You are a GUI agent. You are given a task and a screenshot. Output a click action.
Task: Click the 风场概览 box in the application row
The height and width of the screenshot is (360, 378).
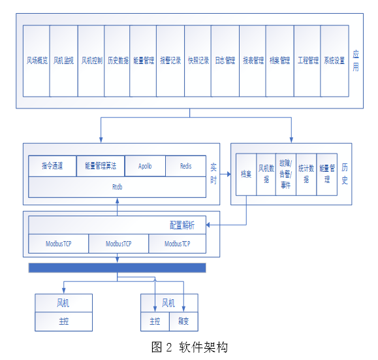pos(36,60)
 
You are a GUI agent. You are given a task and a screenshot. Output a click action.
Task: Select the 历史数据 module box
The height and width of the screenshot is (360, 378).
pos(118,60)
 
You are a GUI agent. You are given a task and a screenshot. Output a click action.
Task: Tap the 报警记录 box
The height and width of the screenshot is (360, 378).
pos(170,60)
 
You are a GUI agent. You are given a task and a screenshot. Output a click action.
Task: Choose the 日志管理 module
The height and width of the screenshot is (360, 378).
pos(225,60)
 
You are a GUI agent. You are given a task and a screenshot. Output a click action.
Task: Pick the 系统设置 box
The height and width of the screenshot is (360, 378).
pos(334,60)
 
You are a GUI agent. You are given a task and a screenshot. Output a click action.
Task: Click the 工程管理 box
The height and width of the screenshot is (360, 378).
pos(307,60)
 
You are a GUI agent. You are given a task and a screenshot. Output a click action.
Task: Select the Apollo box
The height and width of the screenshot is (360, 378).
pos(145,166)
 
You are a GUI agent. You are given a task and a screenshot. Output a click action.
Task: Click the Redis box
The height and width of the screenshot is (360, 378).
pos(186,166)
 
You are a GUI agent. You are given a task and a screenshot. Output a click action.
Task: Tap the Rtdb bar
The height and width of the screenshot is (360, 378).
pos(118,186)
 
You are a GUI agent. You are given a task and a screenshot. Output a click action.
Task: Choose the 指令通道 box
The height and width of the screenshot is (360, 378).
pos(52,166)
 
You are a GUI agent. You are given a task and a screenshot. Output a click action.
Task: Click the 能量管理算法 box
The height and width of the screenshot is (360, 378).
pos(101,166)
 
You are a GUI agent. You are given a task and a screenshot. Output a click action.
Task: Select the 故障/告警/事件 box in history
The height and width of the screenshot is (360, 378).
pos(285,174)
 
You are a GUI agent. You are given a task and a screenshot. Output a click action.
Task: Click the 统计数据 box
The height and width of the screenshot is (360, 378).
pos(306,174)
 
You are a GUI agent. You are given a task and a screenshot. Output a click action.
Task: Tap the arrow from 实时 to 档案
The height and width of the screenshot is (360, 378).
pos(226,174)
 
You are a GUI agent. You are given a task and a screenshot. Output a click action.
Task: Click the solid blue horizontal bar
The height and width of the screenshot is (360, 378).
pos(118,267)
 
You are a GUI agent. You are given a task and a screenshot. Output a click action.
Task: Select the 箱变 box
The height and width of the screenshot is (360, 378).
pos(183,321)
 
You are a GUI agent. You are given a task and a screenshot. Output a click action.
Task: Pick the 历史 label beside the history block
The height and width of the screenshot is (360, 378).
pos(345,174)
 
